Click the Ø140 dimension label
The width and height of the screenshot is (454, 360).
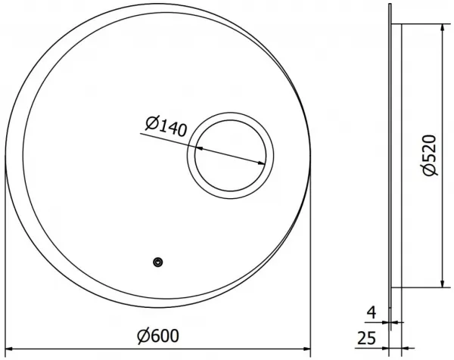coord(166,126)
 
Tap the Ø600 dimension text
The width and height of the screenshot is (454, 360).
coord(158,336)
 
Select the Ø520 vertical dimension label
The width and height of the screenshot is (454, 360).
coord(429,155)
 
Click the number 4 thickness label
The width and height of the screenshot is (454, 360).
coord(372,312)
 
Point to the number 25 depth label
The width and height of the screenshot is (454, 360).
coord(366,338)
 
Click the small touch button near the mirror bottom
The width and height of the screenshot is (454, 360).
coord(158,262)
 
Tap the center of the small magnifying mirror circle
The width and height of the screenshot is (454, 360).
coord(230,155)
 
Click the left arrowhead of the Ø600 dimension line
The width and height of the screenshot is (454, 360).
coord(9,349)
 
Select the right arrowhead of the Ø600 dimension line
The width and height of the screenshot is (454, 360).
coord(306,349)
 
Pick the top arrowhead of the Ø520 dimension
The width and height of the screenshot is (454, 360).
coord(443,28)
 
